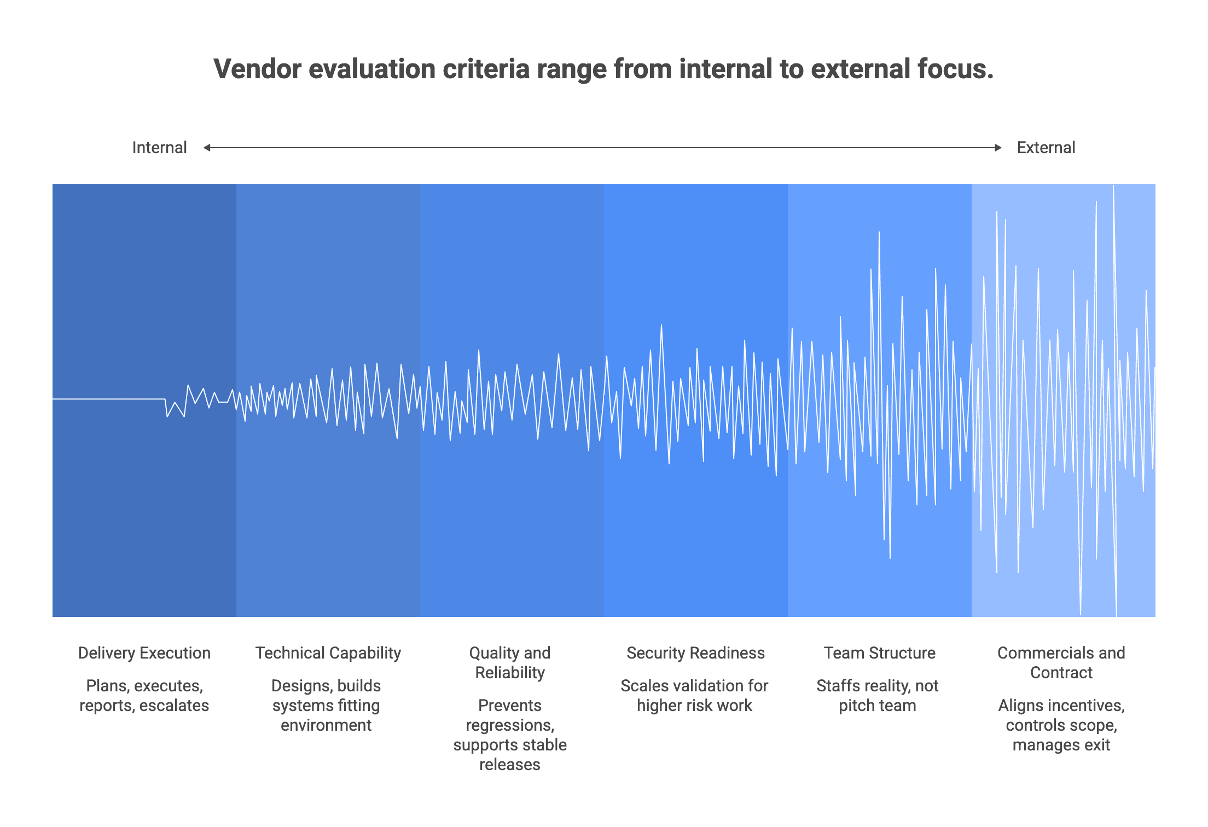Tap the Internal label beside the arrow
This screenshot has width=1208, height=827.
click(159, 148)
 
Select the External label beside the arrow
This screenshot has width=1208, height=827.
click(1046, 148)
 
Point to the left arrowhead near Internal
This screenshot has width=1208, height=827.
click(207, 148)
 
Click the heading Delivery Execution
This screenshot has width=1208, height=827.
click(144, 653)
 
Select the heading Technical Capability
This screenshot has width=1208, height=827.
click(328, 653)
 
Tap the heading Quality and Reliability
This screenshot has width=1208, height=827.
click(509, 663)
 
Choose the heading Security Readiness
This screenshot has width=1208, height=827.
click(695, 653)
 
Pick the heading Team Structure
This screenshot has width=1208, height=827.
click(879, 653)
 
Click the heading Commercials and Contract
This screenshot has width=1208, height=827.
click(1061, 663)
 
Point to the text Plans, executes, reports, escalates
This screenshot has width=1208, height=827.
click(144, 696)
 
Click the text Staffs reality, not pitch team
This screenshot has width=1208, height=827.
click(877, 696)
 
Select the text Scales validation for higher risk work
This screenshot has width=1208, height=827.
click(694, 696)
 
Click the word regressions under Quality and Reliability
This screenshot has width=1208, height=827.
click(509, 725)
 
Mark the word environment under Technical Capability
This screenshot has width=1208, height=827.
click(326, 725)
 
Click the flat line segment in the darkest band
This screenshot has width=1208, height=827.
click(109, 399)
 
